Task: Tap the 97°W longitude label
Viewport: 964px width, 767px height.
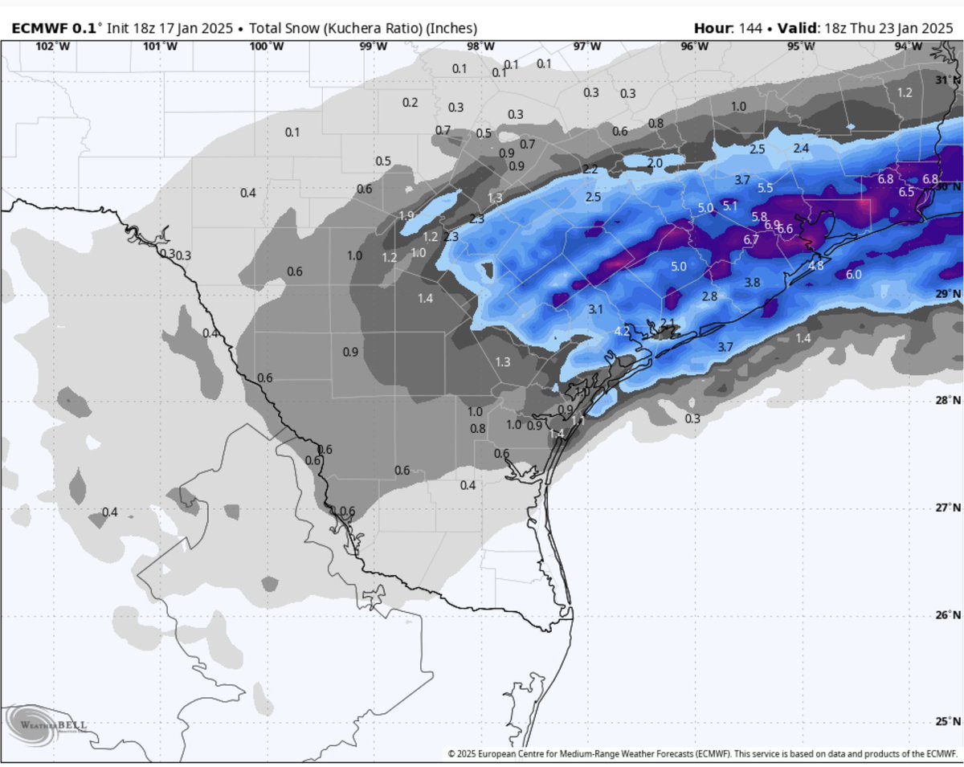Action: [x=587, y=46]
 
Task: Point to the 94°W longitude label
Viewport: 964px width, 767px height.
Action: [x=909, y=46]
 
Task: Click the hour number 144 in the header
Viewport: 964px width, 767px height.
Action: [x=746, y=28]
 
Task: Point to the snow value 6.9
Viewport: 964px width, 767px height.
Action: [x=771, y=225]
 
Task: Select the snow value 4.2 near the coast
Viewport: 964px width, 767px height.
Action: [x=622, y=331]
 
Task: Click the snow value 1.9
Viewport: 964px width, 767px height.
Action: [x=406, y=215]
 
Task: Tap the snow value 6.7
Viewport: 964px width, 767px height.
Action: [x=752, y=240]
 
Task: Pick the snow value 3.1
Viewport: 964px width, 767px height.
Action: [x=595, y=308]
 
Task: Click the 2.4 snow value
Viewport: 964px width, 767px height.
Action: [x=801, y=149]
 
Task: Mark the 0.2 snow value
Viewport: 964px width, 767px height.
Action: [x=410, y=102]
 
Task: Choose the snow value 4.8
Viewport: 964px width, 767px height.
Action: [x=815, y=265]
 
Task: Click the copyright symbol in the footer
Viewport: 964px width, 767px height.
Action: [x=451, y=753]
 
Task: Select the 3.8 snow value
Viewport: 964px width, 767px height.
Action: [x=752, y=283]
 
